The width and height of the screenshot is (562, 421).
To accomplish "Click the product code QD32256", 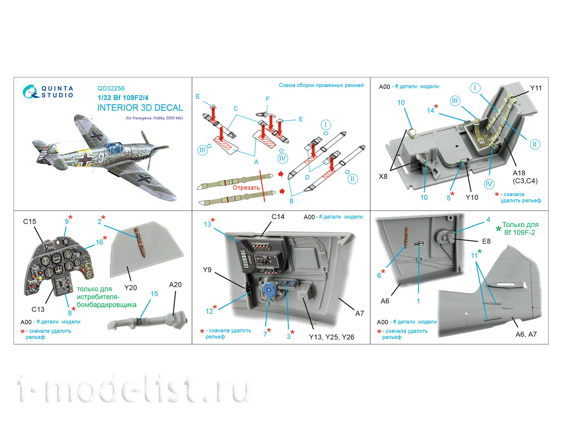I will tap(111, 88).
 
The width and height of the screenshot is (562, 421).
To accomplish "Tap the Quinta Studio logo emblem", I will tap(31, 92).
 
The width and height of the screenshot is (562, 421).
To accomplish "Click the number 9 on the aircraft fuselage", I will tap(101, 158).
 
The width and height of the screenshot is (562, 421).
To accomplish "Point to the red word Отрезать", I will tap(246, 188).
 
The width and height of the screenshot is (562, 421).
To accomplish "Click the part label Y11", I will tap(536, 88).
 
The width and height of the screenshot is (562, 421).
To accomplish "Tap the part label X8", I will tap(383, 176).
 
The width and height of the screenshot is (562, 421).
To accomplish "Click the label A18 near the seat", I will tap(519, 173).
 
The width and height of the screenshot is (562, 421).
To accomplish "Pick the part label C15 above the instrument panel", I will tap(30, 221).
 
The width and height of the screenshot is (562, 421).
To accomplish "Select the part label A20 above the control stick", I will tap(175, 285).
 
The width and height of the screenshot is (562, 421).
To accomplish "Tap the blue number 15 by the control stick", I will tap(154, 294).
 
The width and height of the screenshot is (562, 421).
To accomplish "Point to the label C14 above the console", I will tap(278, 217).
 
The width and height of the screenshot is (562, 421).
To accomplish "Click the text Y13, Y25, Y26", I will tap(331, 337).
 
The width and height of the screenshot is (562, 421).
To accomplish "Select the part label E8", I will tap(486, 241).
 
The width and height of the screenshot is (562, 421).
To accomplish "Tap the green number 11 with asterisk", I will tap(475, 255).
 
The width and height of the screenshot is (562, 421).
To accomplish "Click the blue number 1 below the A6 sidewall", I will tap(418, 301).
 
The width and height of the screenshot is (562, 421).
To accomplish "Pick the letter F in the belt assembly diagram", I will tap(268, 99).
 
